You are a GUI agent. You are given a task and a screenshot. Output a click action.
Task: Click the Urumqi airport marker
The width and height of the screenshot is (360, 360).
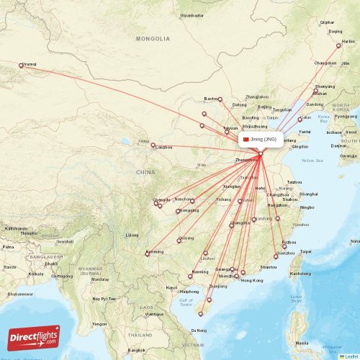[x=21, y=66]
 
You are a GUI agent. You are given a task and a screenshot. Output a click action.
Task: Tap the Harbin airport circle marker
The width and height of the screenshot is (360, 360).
[x=338, y=45]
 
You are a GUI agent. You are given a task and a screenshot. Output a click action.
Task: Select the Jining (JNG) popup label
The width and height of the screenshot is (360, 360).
[x=260, y=139]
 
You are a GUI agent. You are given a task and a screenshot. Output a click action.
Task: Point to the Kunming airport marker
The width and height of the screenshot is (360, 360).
[x=147, y=253]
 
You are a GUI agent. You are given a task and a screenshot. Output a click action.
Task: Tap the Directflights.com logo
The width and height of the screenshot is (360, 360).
[x=34, y=337]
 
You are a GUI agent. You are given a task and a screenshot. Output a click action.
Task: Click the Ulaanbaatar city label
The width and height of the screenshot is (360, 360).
[x=192, y=15]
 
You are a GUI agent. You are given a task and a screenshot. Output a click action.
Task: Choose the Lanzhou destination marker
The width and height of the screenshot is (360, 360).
[x=153, y=146]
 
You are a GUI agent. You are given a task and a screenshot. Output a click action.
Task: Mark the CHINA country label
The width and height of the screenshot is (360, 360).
[x=145, y=173]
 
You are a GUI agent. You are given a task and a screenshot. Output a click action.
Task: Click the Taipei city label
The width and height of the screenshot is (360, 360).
[x=305, y=252]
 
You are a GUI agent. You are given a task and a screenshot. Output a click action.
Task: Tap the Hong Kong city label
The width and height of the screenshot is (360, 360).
[x=252, y=280]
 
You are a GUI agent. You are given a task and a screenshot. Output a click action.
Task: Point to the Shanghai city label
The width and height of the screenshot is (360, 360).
[x=308, y=194]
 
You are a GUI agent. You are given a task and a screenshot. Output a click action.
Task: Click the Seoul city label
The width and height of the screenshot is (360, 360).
[x=351, y=132]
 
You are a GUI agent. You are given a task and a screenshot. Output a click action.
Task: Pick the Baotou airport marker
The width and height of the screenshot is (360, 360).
[x=220, y=99]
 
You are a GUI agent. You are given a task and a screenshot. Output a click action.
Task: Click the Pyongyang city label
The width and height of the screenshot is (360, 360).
[x=346, y=116]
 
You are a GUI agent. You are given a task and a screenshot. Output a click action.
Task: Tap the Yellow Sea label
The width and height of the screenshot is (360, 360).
[x=312, y=161]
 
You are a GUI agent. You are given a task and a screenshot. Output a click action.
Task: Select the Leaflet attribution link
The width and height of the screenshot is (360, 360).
[x=349, y=356]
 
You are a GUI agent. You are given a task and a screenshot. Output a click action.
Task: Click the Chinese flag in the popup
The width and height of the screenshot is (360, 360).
[x=246, y=139]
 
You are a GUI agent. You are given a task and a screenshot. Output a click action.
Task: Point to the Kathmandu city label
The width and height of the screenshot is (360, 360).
[x=16, y=229]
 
